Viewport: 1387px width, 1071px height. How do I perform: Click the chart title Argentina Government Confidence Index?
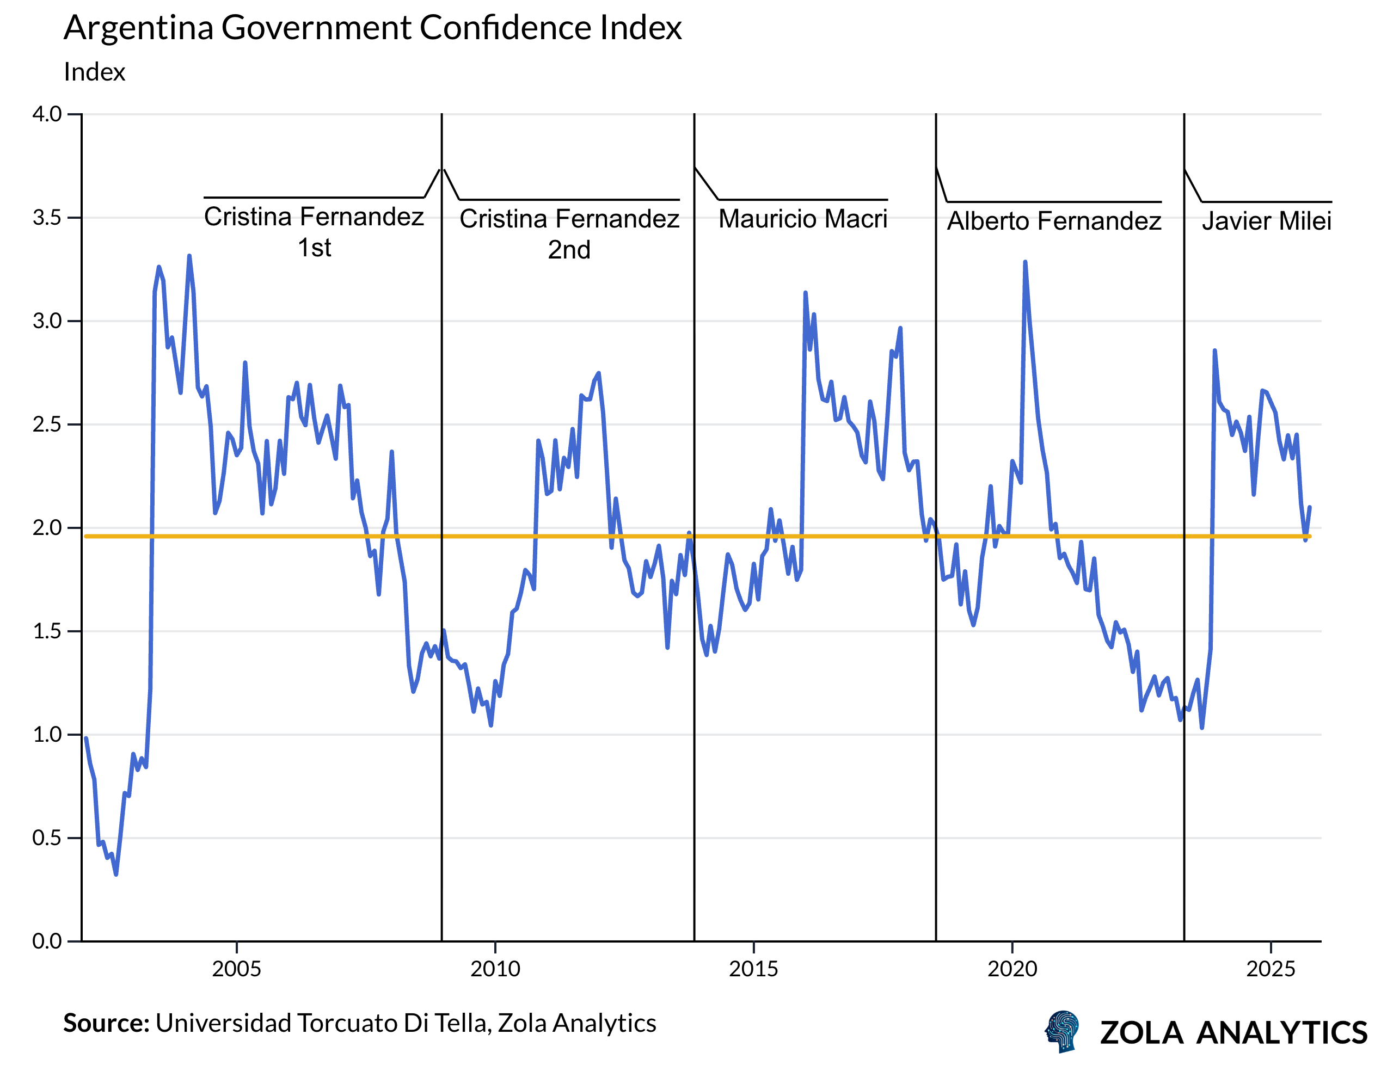click(372, 28)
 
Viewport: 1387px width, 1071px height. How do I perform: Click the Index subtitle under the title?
click(95, 72)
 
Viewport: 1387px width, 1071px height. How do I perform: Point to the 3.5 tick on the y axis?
click(47, 218)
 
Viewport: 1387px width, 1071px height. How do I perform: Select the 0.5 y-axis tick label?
click(47, 838)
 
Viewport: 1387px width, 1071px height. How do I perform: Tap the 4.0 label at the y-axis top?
click(47, 114)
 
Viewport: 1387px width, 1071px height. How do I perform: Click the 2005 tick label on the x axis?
click(236, 969)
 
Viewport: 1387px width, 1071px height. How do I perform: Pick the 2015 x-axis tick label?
click(753, 969)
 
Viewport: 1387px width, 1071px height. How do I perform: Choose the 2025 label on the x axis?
click(1270, 969)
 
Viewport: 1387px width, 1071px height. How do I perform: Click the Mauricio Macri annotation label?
click(803, 219)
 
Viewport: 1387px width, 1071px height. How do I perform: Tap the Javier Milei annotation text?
click(1266, 221)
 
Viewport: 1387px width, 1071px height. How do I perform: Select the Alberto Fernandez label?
click(1054, 221)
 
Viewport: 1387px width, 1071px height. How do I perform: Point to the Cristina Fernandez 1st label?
click(314, 232)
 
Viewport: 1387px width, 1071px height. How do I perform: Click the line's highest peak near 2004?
click(189, 256)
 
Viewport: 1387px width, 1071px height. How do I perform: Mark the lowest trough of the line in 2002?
click(115, 874)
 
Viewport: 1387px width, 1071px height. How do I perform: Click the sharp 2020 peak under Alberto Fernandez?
click(1025, 262)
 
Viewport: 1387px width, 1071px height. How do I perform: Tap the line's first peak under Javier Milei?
click(1214, 351)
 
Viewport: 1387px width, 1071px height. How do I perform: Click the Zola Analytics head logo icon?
click(1062, 1032)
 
